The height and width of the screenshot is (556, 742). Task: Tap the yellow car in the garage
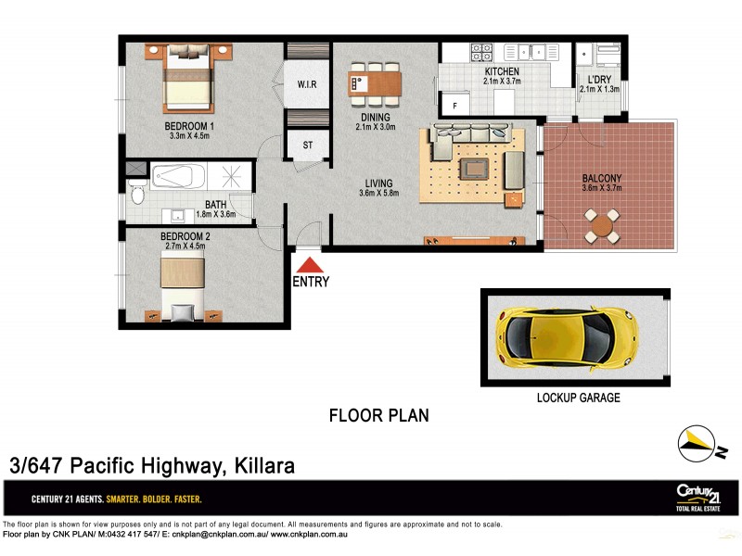click(x=568, y=336)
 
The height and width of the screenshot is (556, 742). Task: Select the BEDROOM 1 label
click(x=189, y=126)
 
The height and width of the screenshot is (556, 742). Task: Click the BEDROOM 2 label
click(x=185, y=236)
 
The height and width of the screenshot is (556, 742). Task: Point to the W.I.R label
click(x=307, y=84)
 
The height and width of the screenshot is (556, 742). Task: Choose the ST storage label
click(x=308, y=145)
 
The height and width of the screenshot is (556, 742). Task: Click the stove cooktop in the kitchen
click(x=480, y=52)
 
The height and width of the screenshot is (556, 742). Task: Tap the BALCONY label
click(x=601, y=178)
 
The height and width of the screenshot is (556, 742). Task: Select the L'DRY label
click(x=596, y=79)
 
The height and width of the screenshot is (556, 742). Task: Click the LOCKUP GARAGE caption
click(x=579, y=398)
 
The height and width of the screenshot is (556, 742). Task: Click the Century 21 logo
click(x=698, y=497)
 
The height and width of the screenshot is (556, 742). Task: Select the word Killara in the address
click(x=262, y=465)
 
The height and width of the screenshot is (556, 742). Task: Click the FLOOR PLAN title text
click(x=378, y=415)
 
